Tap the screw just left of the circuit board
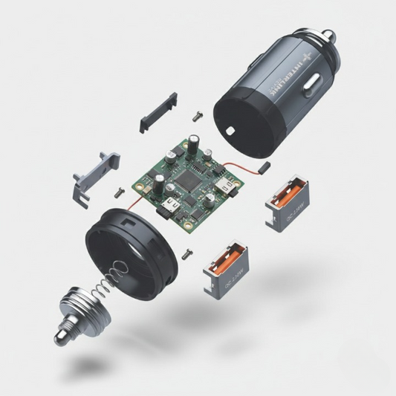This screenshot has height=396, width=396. (x=119, y=192)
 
